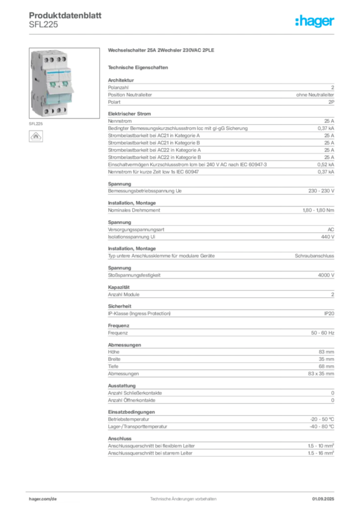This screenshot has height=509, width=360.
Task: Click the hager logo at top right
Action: point(314,21)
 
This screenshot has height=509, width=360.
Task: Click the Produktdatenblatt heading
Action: point(65,15)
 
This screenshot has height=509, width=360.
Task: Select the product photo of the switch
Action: point(64,83)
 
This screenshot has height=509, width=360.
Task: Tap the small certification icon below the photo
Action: point(36,136)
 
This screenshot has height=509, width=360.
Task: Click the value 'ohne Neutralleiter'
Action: point(315,95)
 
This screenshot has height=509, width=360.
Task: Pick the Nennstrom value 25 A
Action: point(329,121)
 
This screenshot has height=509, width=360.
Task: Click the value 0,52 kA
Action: point(326,165)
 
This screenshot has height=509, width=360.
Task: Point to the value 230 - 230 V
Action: point(321,191)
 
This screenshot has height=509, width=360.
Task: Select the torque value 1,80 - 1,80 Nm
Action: point(318,210)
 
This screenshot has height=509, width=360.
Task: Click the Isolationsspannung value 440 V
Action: point(328,237)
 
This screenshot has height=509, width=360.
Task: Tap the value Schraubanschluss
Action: point(314,256)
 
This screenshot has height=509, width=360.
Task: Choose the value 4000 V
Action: point(326,275)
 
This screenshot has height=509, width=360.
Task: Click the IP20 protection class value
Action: point(329,314)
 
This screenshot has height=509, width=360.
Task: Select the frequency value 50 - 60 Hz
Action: point(322,333)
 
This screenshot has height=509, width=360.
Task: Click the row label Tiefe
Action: point(113,366)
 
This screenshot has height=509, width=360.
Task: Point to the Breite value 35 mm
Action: point(326,359)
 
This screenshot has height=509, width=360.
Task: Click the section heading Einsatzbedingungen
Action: point(131,412)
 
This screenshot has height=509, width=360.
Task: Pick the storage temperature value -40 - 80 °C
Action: point(322,426)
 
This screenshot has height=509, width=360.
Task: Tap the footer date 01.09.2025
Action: point(323,499)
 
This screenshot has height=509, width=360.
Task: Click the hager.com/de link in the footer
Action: point(43,499)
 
